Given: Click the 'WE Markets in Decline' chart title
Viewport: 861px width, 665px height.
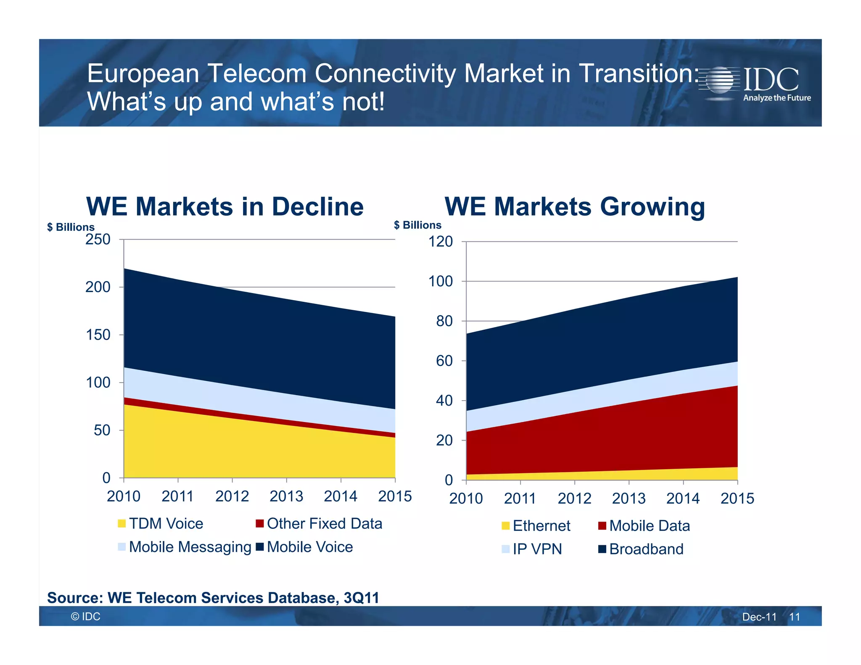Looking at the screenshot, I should pyautogui.click(x=225, y=207).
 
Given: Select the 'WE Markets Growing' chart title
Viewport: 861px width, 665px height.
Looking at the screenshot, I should pyautogui.click(x=574, y=207).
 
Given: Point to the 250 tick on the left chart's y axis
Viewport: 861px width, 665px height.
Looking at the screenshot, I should pyautogui.click(x=98, y=240).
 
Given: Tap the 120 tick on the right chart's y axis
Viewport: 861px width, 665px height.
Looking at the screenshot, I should pyautogui.click(x=440, y=242).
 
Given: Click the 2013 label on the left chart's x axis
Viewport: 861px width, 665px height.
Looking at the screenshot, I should pyautogui.click(x=286, y=496).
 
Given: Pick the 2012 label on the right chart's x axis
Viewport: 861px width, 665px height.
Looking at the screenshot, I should pyautogui.click(x=574, y=499).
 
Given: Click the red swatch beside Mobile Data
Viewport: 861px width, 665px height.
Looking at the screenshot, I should pyautogui.click(x=602, y=526).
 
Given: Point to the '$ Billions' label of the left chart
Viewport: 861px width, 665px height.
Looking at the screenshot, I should pyautogui.click(x=71, y=227).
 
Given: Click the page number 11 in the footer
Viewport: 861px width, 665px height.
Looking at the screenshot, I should pyautogui.click(x=794, y=617).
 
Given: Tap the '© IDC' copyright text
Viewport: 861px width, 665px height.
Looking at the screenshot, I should pyautogui.click(x=86, y=617).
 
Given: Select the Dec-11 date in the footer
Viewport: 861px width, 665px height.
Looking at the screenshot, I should pyautogui.click(x=759, y=617).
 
